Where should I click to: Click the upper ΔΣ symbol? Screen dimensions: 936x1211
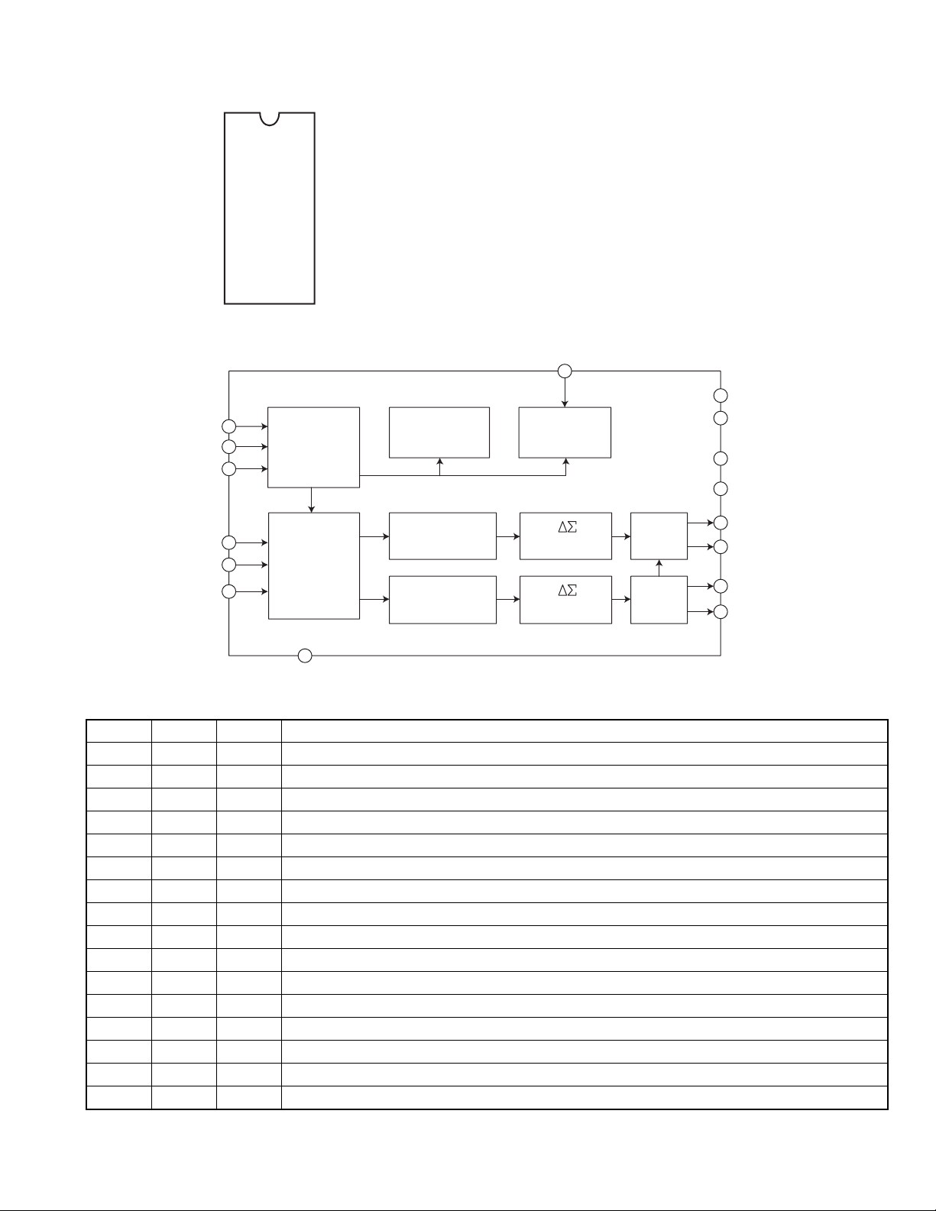(x=567, y=527)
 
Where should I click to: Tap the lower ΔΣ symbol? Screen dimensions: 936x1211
(x=567, y=591)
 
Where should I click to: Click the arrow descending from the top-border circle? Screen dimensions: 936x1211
(x=565, y=393)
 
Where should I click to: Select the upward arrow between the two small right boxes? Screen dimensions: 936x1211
(x=659, y=568)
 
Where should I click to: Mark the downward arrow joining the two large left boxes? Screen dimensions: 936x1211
(x=312, y=500)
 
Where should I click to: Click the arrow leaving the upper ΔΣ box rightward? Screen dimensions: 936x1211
(x=621, y=536)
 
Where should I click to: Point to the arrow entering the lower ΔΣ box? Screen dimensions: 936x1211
(x=508, y=599)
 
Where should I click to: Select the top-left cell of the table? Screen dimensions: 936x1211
(x=118, y=730)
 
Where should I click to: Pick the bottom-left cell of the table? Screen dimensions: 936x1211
(x=118, y=1097)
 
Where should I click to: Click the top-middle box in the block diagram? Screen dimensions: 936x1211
(x=439, y=432)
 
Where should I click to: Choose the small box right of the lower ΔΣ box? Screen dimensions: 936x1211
(x=659, y=600)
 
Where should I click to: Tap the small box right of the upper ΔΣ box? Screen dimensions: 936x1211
(x=659, y=536)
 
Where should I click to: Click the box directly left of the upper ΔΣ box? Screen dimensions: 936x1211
(x=442, y=536)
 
